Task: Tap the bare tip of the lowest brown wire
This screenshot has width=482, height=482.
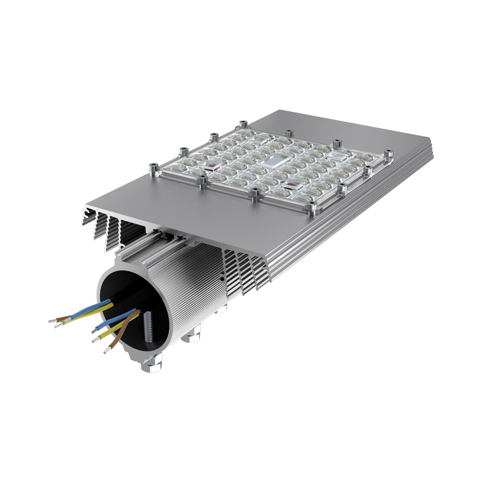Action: tap(106, 351)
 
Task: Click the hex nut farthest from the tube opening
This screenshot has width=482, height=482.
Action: tap(221, 308)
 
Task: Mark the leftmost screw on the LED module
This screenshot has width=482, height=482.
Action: tap(154, 168)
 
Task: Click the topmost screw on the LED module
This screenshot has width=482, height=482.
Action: tap(243, 125)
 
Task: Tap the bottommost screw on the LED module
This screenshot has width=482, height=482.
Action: tap(312, 208)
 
